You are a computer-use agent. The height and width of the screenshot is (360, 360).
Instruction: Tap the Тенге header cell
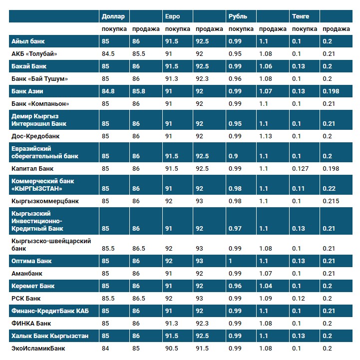click(x=301, y=16)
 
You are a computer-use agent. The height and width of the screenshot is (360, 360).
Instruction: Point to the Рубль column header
click(x=237, y=16)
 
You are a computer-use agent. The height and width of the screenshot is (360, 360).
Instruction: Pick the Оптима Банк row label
click(x=31, y=261)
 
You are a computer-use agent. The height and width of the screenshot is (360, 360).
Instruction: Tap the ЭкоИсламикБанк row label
click(x=38, y=349)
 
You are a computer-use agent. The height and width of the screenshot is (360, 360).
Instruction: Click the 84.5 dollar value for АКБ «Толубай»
click(x=108, y=54)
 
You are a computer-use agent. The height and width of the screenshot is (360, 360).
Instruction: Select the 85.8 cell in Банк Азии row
click(x=139, y=91)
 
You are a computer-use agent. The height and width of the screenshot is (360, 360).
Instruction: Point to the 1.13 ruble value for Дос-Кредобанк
click(x=266, y=136)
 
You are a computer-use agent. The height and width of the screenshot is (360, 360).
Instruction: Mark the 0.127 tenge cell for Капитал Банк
click(x=301, y=169)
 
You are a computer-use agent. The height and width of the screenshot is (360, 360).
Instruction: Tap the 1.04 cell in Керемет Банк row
click(x=266, y=286)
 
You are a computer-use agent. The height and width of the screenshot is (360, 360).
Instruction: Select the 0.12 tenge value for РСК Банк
click(x=299, y=299)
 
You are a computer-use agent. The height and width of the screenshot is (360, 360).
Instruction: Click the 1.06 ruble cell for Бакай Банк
click(x=266, y=66)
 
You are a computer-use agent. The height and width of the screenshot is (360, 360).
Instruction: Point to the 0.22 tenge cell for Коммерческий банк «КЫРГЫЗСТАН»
click(x=329, y=189)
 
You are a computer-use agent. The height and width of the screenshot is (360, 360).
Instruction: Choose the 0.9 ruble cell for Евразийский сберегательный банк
click(x=233, y=156)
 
